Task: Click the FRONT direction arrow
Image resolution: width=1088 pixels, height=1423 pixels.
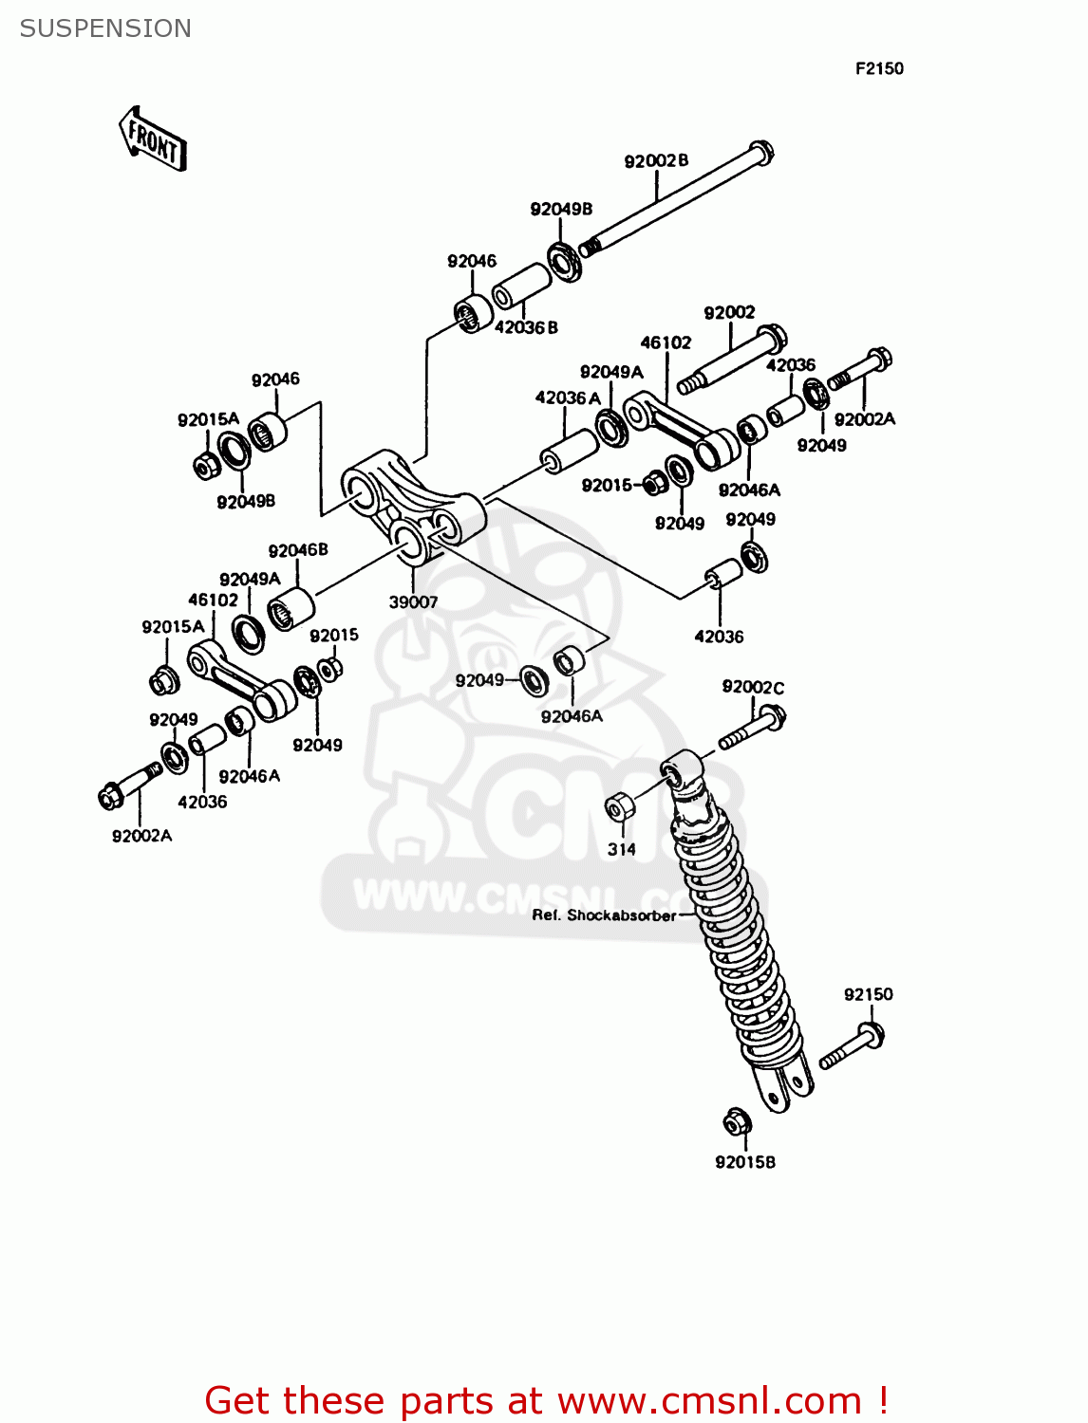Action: point(153,139)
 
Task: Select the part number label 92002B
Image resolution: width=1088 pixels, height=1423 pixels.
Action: point(656,161)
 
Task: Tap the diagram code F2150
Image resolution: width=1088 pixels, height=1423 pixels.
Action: point(879,68)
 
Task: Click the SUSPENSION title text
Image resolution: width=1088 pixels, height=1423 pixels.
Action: point(105,28)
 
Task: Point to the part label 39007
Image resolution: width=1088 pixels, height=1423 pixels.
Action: point(413,601)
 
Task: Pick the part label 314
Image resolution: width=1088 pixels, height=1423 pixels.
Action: point(622,849)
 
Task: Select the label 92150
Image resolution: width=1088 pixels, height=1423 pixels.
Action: point(868,994)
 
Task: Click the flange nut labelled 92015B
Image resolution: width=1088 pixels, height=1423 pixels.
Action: point(738,1122)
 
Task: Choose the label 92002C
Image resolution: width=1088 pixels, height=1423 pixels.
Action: point(753,687)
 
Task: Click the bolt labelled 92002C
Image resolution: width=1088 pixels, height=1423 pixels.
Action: point(753,730)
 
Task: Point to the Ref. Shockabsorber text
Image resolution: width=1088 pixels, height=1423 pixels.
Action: point(604,915)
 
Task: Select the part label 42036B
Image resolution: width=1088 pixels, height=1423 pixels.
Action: point(526,327)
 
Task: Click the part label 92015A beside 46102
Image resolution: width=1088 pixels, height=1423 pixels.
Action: point(173,626)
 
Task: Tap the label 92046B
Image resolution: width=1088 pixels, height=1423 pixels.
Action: point(298,550)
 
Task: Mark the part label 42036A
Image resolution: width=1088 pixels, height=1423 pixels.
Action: point(568,397)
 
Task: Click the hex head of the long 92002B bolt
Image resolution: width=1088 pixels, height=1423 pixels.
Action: point(761,151)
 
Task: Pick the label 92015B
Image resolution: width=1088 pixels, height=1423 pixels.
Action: point(745,1162)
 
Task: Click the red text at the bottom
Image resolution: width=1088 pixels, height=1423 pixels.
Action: point(546,1400)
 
